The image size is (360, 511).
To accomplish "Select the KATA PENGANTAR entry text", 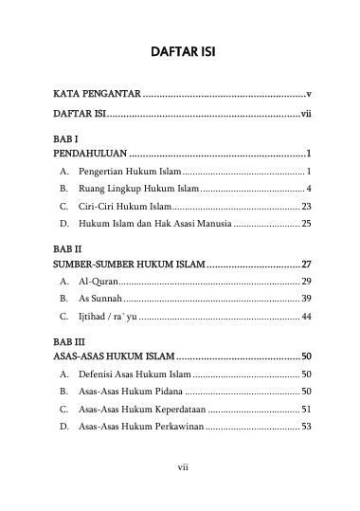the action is (x=98, y=95).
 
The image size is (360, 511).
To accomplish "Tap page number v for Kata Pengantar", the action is (x=309, y=95).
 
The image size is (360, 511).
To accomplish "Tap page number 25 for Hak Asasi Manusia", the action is (x=306, y=223).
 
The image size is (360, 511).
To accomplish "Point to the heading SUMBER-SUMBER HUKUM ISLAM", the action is (x=128, y=264).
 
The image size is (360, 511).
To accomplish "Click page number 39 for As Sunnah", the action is (x=306, y=299).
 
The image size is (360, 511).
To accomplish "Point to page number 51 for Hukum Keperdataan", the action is (x=306, y=409).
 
